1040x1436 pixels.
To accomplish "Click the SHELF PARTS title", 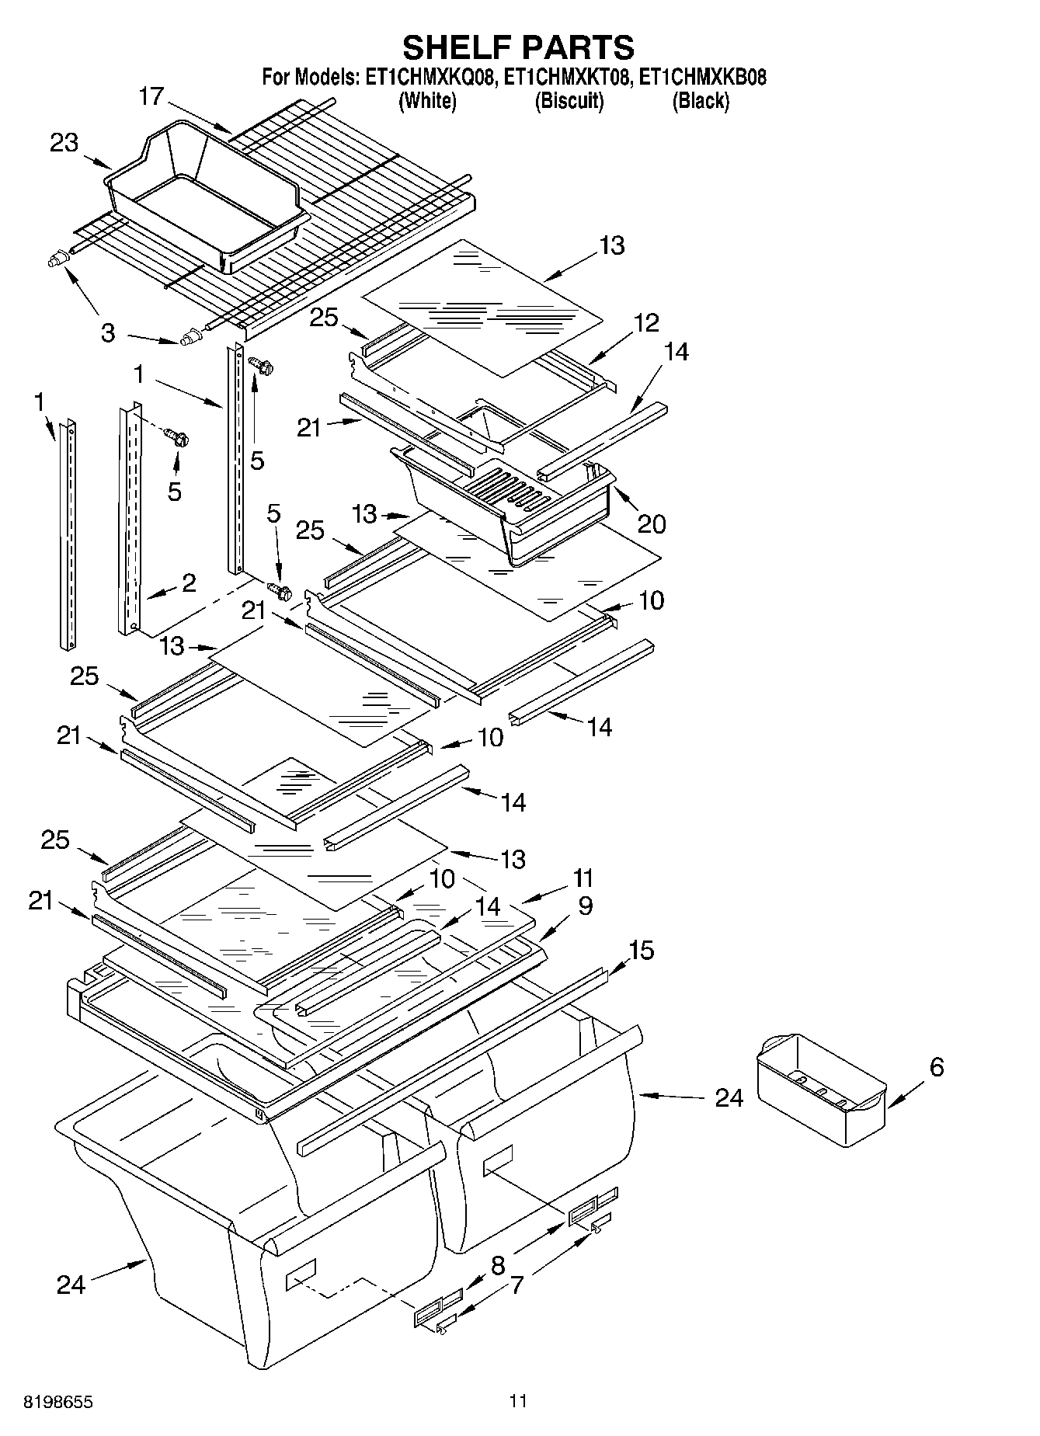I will click(518, 48).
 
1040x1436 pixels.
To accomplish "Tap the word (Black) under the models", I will click(701, 101).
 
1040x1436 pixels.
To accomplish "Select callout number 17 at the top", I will click(152, 97).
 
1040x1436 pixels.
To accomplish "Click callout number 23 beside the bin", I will click(64, 143).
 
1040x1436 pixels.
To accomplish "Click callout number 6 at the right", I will click(937, 1067).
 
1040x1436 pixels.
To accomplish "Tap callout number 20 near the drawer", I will click(652, 524).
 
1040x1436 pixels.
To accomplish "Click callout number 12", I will click(645, 322).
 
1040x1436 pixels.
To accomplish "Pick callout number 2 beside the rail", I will click(189, 582).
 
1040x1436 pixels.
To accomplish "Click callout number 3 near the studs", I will click(108, 333).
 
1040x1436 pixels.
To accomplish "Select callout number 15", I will click(642, 950).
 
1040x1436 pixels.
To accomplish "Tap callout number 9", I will click(585, 906).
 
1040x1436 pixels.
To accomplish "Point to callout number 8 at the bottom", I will click(498, 1266).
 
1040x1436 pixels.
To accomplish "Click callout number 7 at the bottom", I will click(517, 1285).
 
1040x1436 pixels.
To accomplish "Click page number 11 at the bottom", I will click(518, 1401).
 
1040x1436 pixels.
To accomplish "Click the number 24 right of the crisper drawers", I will click(729, 1098).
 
